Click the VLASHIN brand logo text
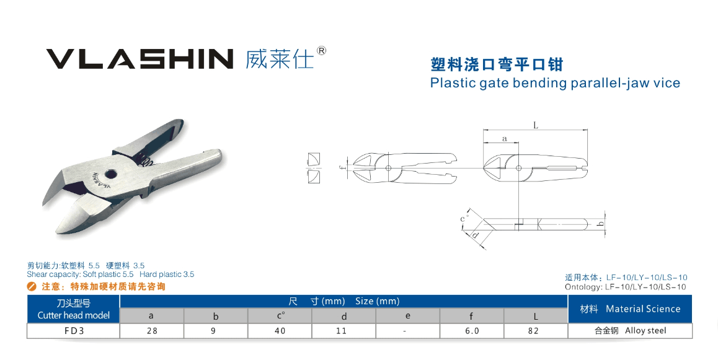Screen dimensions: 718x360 (140, 58)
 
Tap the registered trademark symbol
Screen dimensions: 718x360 (321, 50)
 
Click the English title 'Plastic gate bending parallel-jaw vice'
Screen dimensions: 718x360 (555, 83)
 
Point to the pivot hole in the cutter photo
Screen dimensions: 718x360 (110, 174)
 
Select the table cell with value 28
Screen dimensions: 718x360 (152, 331)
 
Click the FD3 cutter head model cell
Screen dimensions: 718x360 (74, 331)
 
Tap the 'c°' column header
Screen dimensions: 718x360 (280, 315)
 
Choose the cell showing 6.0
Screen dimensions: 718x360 (472, 331)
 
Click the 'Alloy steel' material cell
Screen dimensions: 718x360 (630, 331)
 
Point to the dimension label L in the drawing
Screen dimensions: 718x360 (535, 125)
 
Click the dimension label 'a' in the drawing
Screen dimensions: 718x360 (505, 138)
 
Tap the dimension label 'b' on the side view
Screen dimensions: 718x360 (600, 224)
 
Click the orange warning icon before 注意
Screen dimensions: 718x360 (32, 287)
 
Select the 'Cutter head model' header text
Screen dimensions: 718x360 (74, 315)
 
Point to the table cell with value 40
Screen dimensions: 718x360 (280, 331)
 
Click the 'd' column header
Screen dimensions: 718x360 (344, 315)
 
